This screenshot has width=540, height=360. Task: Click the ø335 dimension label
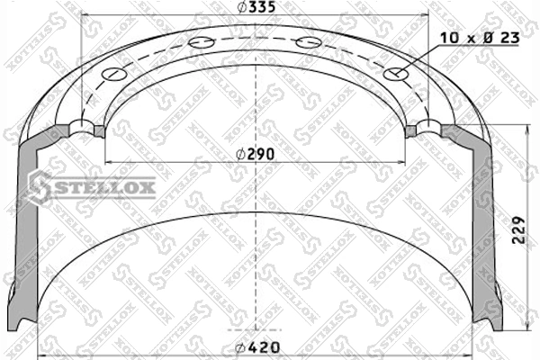click(256, 7)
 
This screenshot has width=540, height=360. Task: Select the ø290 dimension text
click(256, 154)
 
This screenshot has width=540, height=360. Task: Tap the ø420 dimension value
click(256, 347)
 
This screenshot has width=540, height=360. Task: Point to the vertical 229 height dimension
click(518, 229)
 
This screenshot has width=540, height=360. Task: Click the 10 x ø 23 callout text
click(480, 38)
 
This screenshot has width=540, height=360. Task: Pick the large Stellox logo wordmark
click(93, 187)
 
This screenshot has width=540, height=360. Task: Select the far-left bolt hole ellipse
click(114, 74)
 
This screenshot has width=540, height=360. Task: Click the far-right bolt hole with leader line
click(396, 74)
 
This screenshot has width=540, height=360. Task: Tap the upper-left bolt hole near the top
click(202, 43)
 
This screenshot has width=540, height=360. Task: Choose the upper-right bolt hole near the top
click(309, 43)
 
